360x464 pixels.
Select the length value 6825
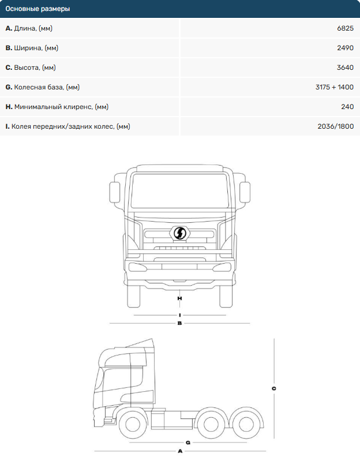tap(344, 28)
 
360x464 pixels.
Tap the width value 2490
tap(344, 48)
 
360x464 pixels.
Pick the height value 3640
tap(344, 68)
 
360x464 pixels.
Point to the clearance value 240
tap(347, 107)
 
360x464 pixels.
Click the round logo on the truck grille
tap(180, 233)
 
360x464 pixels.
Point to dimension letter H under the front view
tap(180, 298)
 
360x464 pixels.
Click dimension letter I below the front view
tap(180, 315)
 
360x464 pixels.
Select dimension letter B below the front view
tap(180, 323)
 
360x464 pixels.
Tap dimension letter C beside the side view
tap(274, 388)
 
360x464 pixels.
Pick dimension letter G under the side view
tap(188, 442)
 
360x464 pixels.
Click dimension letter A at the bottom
tap(180, 450)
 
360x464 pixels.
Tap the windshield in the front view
tap(179, 190)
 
